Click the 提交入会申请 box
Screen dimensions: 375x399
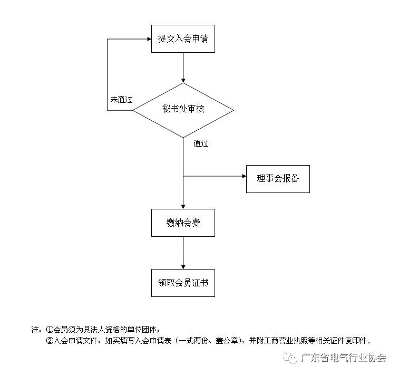click(x=183, y=39)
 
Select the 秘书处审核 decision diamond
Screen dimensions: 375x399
click(x=183, y=110)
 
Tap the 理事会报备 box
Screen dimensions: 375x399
click(x=278, y=179)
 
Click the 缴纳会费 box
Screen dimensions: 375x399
click(x=183, y=223)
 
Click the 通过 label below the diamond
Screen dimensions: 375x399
click(x=201, y=143)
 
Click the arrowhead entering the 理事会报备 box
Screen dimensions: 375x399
click(x=243, y=176)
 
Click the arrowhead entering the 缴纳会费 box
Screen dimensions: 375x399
click(x=183, y=206)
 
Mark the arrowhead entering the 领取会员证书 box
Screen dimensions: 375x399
click(x=183, y=266)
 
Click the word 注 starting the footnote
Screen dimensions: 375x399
click(x=35, y=329)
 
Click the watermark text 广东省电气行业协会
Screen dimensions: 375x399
click(x=344, y=358)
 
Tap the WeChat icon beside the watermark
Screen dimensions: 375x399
click(x=290, y=358)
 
